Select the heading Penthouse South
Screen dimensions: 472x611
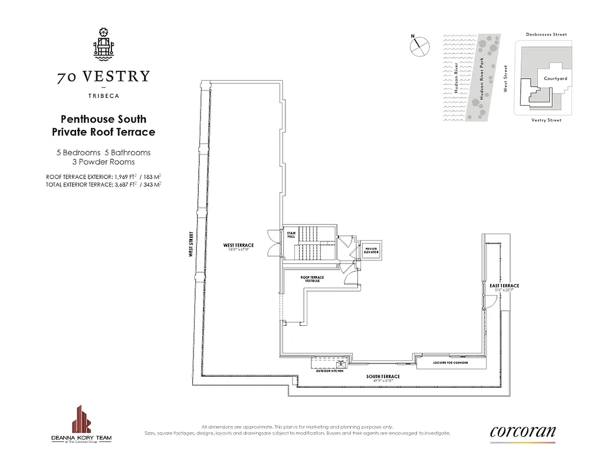103,119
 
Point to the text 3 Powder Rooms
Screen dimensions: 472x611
103,162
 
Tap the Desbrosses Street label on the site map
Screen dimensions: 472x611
546,35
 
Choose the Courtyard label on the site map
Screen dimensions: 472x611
555,78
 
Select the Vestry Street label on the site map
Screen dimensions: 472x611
546,120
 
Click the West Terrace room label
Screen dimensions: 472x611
238,245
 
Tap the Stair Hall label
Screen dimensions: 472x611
290,235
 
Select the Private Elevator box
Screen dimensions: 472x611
370,251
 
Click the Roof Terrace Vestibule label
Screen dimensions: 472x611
312,278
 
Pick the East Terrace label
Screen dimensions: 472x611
504,286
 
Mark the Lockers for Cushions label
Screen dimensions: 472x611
450,363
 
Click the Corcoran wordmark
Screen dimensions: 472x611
522,431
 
